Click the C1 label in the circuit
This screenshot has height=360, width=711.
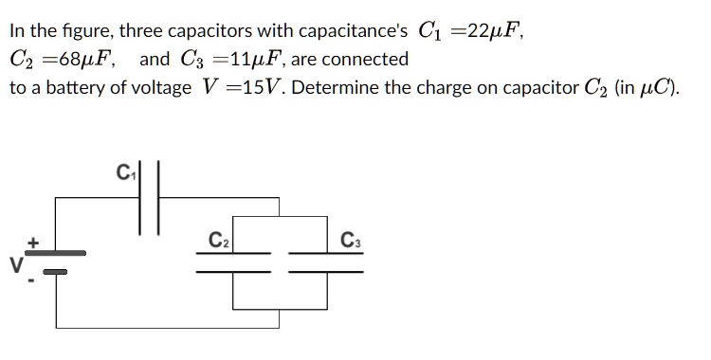(124, 174)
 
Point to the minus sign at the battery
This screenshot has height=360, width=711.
(33, 281)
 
